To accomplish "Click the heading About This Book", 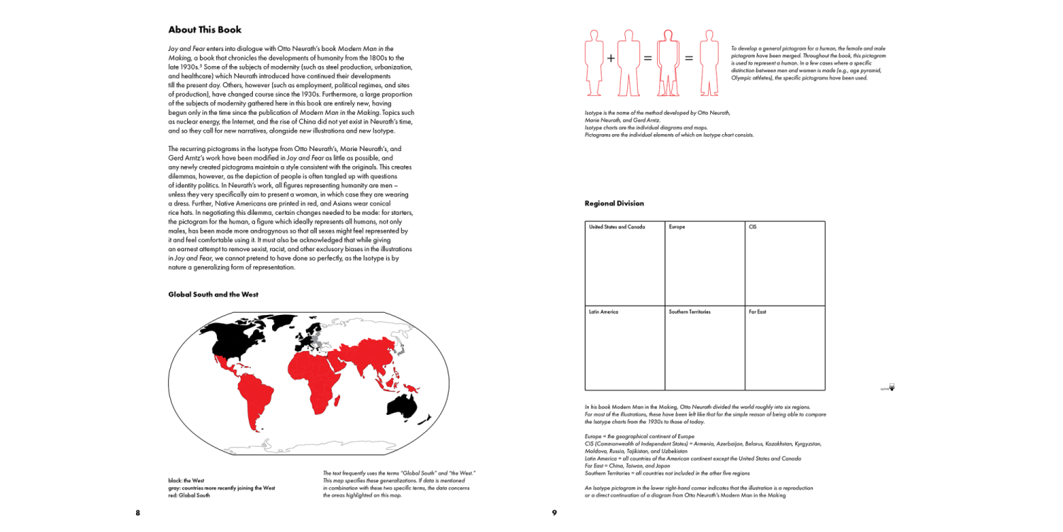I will [x=205, y=30].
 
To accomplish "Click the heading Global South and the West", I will [x=213, y=294].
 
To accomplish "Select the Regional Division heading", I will [x=614, y=204].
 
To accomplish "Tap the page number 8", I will [x=137, y=513].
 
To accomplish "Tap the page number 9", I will [x=554, y=513].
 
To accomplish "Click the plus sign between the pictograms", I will [x=611, y=58].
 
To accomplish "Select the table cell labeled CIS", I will [x=753, y=227].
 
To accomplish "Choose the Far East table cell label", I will [x=758, y=312].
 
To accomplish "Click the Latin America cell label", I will [x=603, y=312].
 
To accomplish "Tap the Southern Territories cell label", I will [x=690, y=312].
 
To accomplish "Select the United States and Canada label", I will [x=617, y=227].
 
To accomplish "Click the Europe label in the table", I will [x=677, y=227].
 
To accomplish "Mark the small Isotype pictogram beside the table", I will [x=891, y=387].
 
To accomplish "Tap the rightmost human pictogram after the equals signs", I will [x=709, y=62].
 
